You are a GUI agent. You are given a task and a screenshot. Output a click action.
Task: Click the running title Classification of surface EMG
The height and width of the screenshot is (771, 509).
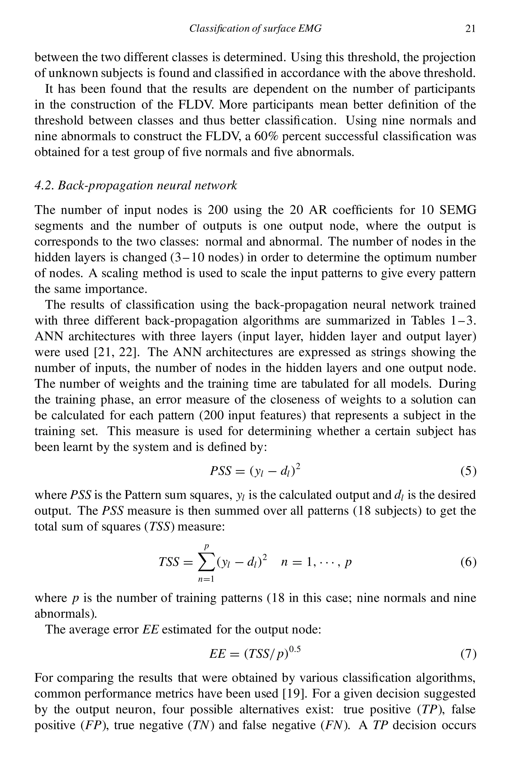tap(255, 29)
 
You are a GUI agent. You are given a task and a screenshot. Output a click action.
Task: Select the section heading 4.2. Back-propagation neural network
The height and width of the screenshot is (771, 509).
tap(136, 186)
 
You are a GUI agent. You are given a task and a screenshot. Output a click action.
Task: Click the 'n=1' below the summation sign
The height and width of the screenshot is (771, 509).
tap(206, 579)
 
